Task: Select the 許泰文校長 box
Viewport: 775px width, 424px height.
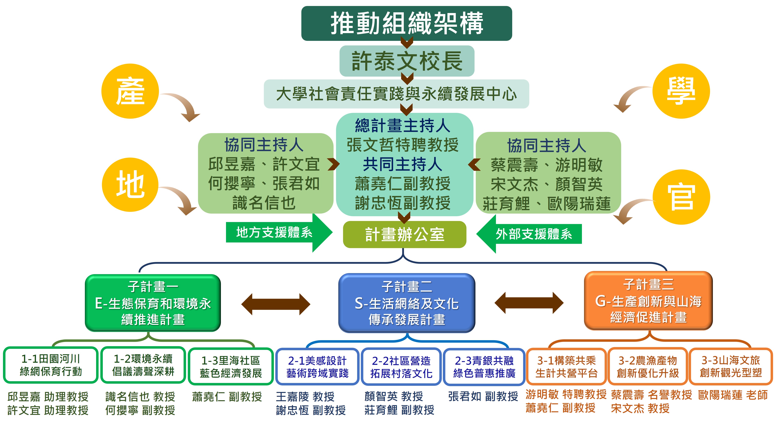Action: [407, 61]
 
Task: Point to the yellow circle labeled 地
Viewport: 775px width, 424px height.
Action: [130, 185]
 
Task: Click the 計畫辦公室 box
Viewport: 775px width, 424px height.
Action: [405, 234]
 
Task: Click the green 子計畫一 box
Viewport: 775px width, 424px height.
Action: [153, 303]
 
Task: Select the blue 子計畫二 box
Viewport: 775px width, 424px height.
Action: [407, 303]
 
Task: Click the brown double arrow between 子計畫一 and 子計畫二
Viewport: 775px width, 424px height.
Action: [276, 304]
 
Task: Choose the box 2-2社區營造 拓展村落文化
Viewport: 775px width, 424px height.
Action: [401, 367]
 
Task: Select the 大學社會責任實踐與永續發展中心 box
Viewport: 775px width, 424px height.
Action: [396, 94]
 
